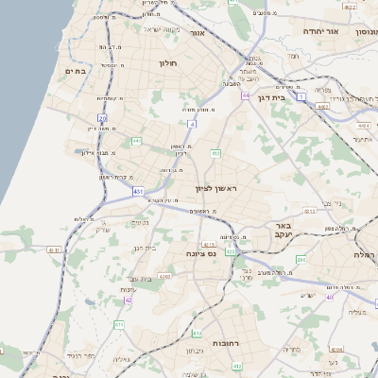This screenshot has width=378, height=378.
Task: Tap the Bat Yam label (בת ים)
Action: pos(76,71)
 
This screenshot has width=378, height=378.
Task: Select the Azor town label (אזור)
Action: pos(198,32)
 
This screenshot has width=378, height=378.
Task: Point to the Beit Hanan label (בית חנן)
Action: pos(143,249)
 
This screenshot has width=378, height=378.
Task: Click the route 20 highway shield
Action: pos(101,118)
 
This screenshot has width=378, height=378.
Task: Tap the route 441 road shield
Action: pos(136,141)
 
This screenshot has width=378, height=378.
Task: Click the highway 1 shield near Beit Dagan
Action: pos(301,95)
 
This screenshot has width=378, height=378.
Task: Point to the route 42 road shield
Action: pos(128,300)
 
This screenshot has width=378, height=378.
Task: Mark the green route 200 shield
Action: pos(301,259)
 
